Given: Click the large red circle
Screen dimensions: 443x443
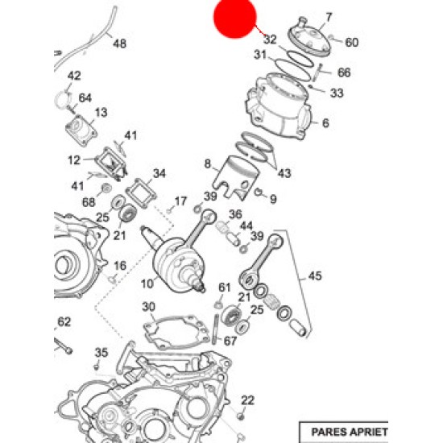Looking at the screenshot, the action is tap(234, 17).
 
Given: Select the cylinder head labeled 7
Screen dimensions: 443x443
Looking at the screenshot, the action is tap(308, 38).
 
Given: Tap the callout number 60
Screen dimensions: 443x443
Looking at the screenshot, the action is tap(352, 43).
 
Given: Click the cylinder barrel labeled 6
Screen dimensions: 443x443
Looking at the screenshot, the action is tap(279, 106).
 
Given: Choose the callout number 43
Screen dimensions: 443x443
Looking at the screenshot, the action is tap(284, 173).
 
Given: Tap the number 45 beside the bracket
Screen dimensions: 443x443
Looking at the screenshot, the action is tap(315, 275).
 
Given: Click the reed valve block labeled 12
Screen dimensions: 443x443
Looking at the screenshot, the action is tap(111, 164).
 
